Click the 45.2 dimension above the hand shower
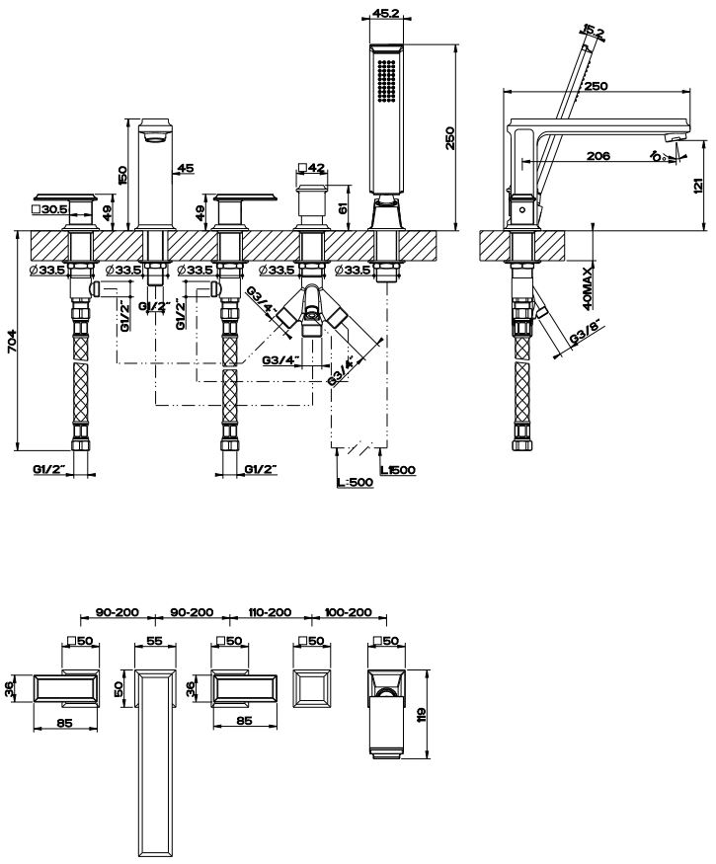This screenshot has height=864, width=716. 384,14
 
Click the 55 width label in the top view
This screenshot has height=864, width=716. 154,641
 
